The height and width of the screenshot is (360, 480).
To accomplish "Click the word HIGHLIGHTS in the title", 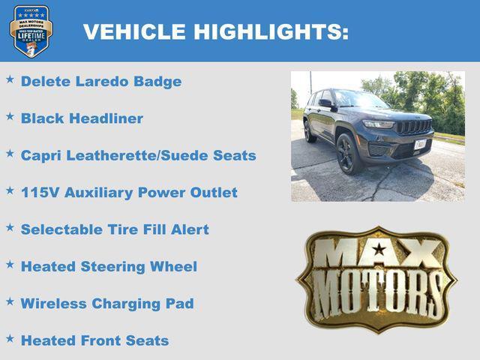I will [271, 32].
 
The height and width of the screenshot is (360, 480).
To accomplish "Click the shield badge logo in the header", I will [31, 31].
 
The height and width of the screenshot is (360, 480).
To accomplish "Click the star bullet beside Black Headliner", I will [10, 116].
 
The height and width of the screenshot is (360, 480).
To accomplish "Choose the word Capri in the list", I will [40, 155].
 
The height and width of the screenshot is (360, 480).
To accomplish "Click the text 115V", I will [40, 193].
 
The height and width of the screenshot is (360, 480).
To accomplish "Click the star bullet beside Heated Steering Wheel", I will [10, 264].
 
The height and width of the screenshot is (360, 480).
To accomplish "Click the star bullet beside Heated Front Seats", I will [10, 338].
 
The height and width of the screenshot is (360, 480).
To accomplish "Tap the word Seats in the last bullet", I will [148, 340].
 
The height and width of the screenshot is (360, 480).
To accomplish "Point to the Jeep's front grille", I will [413, 127].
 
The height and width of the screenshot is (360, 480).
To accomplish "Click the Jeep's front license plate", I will [420, 144].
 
